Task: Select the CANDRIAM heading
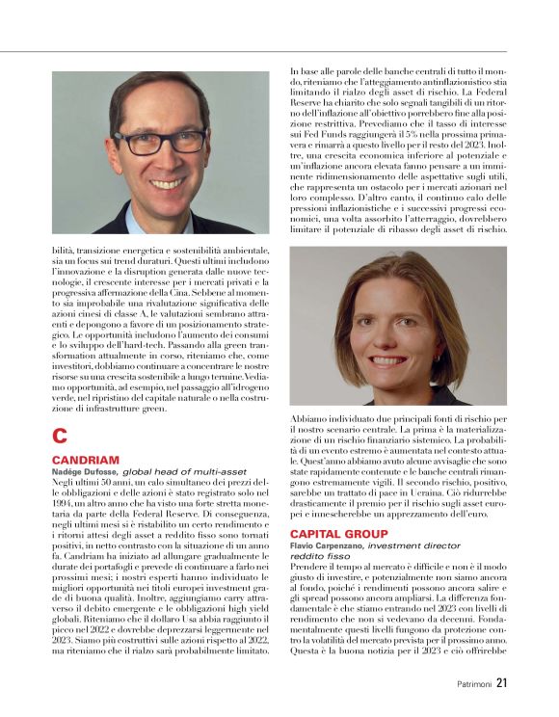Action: [85, 461]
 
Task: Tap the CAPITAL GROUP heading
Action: [338, 533]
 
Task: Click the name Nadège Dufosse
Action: [84, 471]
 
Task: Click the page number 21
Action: [502, 683]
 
